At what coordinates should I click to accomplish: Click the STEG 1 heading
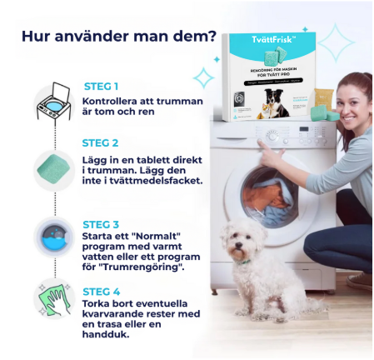coord(101,86)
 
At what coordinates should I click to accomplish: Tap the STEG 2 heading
coord(102,142)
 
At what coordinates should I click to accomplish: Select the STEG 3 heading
coord(102,224)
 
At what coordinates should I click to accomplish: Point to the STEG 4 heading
coord(102,291)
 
